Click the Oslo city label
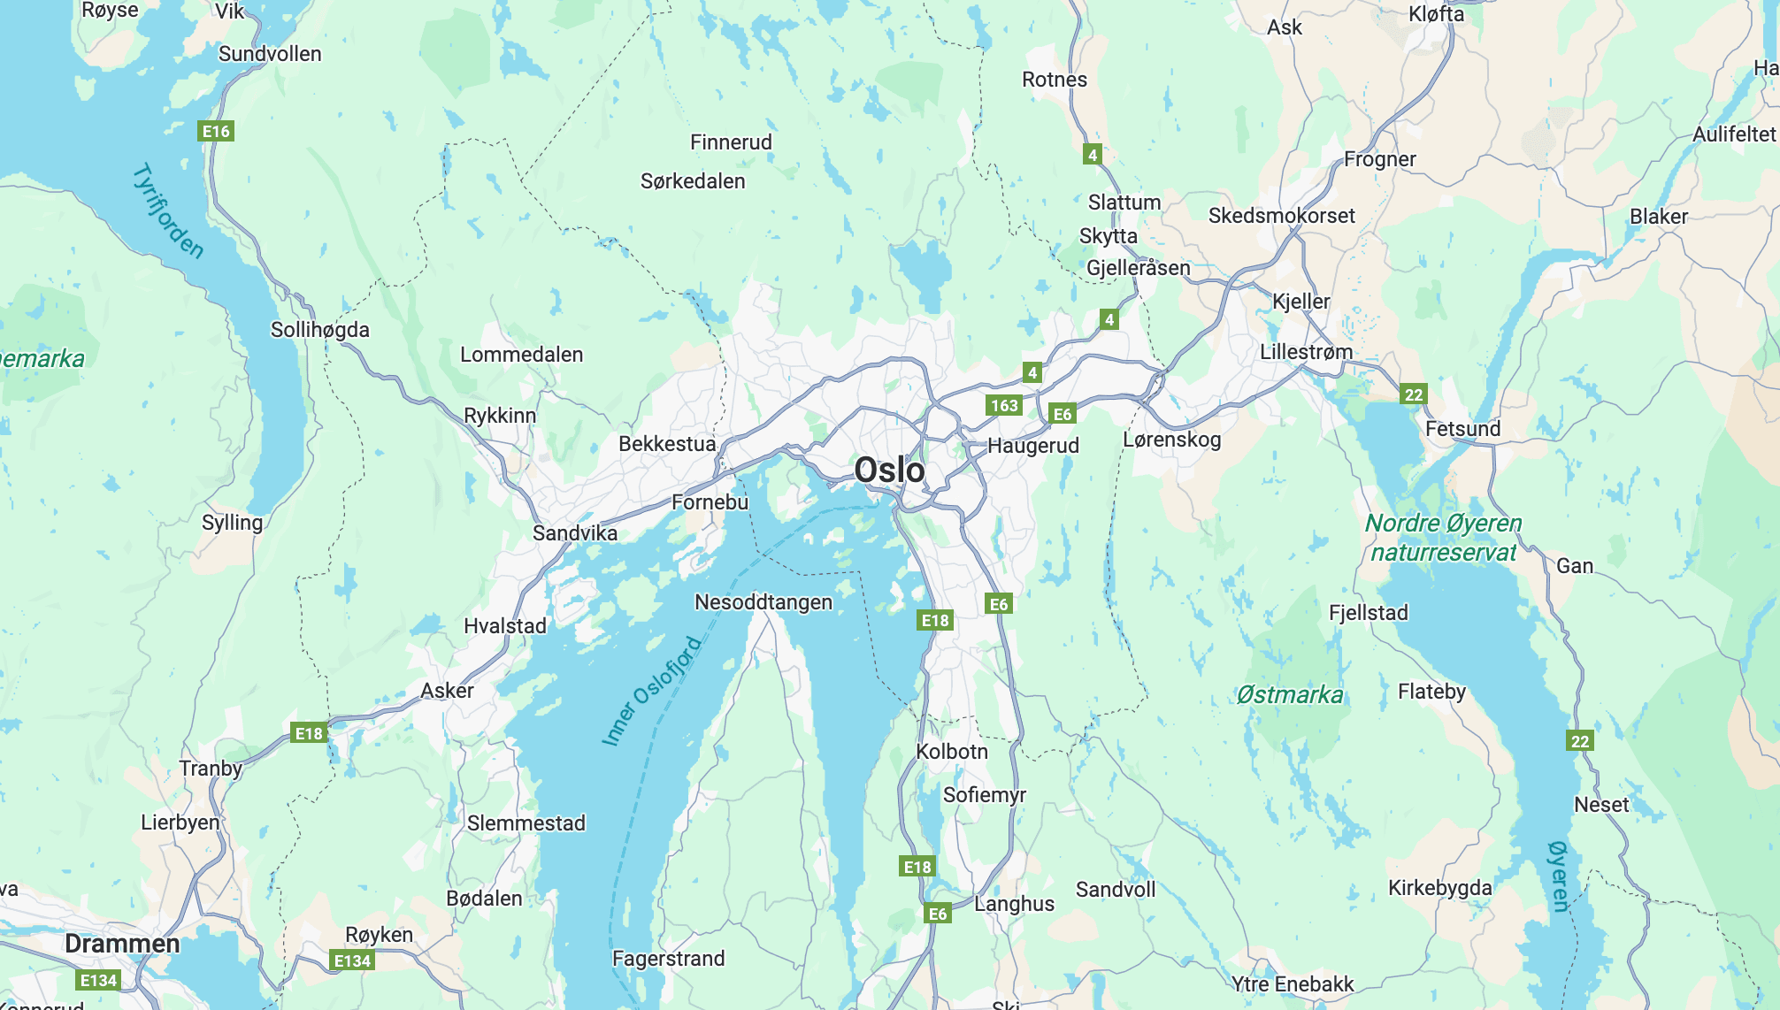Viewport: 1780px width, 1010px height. tap(889, 471)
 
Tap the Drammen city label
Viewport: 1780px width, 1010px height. tap(122, 944)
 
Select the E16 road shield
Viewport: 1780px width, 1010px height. tap(216, 132)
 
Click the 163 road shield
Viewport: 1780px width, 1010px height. tap(1004, 406)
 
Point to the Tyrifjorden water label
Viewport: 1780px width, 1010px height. tap(168, 211)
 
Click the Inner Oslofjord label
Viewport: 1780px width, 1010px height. tap(652, 691)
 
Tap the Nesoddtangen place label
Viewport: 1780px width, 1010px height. tap(763, 602)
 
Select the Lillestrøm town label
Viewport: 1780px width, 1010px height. tap(1306, 352)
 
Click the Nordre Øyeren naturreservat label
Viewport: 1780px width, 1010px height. tap(1443, 538)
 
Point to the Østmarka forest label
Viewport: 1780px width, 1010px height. tap(1290, 695)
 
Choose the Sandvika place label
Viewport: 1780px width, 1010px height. tap(575, 533)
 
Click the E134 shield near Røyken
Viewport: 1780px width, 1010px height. tap(352, 960)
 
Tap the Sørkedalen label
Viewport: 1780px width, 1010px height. tap(693, 181)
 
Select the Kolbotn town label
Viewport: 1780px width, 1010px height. tap(952, 752)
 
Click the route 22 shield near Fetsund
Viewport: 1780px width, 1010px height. tap(1414, 394)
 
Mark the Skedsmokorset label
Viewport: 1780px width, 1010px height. tap(1281, 216)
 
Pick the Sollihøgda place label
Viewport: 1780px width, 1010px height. tap(320, 330)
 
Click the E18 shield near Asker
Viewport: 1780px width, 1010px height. tap(309, 733)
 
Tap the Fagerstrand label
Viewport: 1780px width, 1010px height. tap(669, 959)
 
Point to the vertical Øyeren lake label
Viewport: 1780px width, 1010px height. tap(1559, 876)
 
